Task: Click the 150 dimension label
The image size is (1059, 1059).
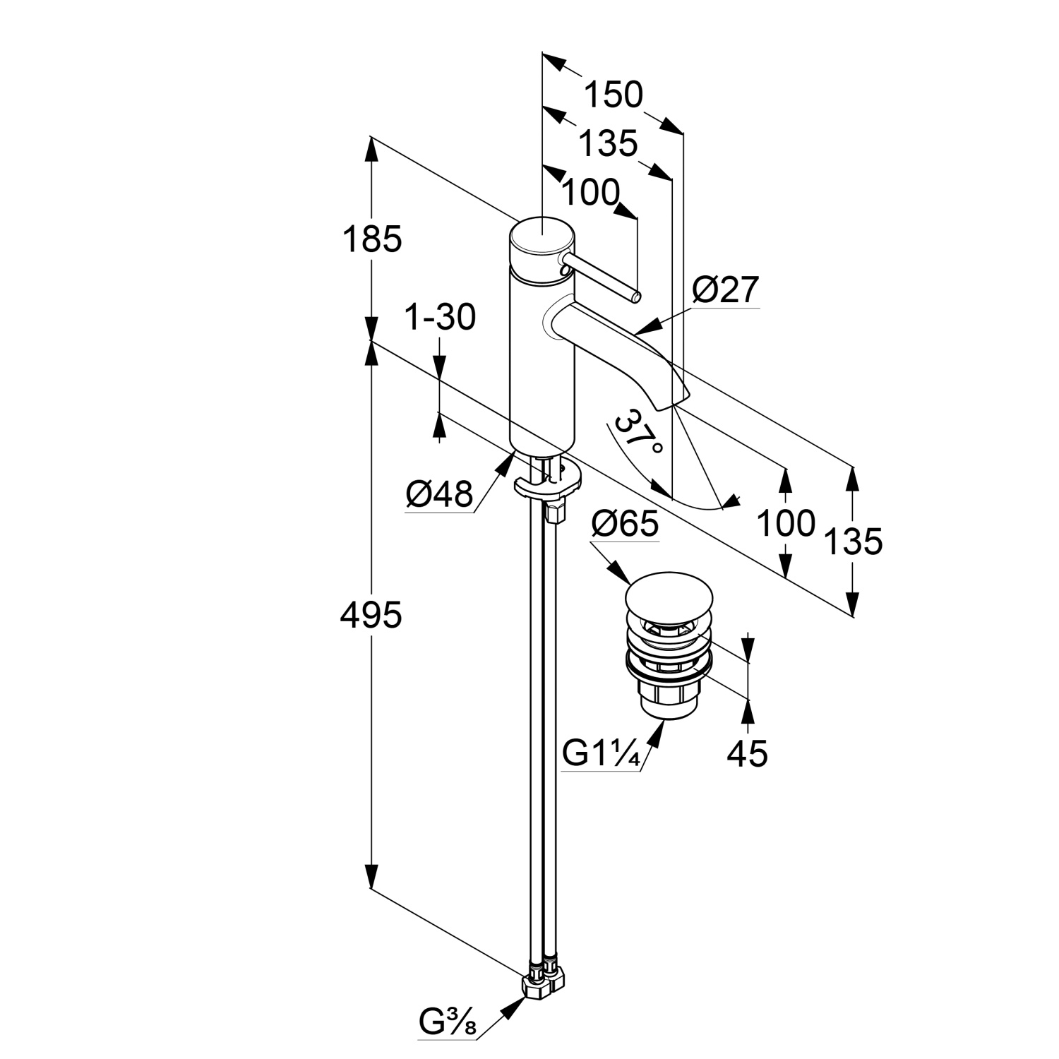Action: pos(614,95)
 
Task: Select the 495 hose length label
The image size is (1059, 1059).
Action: pos(371,615)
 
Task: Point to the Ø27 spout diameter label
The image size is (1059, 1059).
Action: pos(726,290)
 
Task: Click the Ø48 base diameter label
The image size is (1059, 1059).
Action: pos(439,494)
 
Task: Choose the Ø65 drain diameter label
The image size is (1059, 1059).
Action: pos(625,524)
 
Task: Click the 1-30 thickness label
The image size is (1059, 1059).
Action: pos(440,318)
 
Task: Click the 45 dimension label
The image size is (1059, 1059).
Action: pos(747,754)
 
